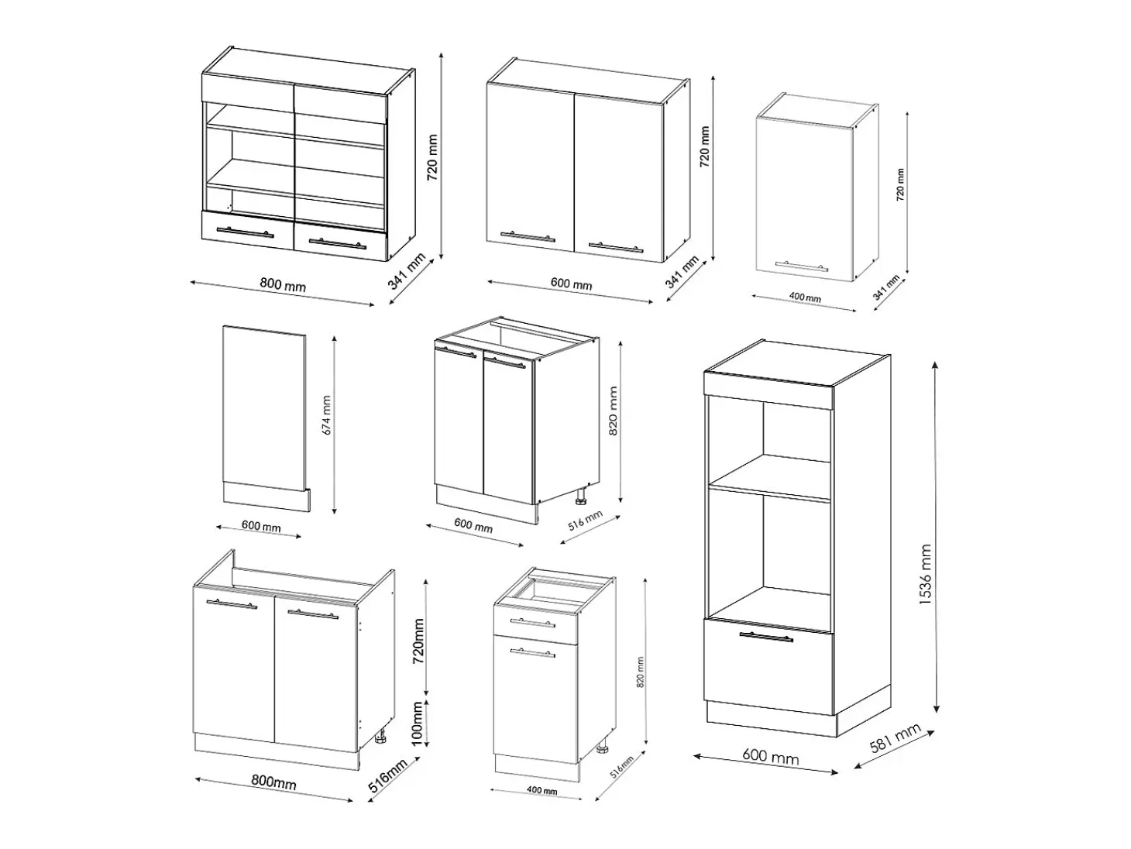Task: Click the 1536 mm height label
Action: coord(926,575)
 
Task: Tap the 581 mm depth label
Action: coord(895,738)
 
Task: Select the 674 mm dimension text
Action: coord(326,415)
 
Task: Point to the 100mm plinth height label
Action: coord(418,724)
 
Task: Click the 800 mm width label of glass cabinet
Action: coord(283,284)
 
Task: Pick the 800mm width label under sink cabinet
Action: coord(273,782)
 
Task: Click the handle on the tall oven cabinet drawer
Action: coord(766,637)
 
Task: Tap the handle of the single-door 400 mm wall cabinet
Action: coord(801,266)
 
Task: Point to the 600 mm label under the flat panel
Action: coord(261,526)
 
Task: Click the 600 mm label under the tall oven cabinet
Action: coord(770,757)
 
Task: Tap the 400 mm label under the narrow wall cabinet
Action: coord(805,297)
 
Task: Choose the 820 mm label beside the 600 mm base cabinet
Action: coord(613,411)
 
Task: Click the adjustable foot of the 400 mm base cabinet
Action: coord(603,748)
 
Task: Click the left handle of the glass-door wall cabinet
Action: coord(245,232)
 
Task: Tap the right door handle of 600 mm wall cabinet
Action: coord(616,247)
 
